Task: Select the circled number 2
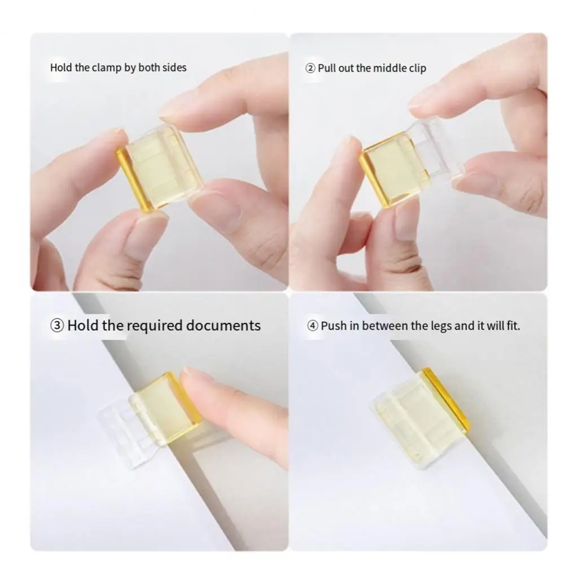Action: click(310, 68)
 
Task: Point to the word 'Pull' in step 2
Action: click(327, 68)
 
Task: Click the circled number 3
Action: click(57, 326)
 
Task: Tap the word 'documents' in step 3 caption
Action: click(224, 325)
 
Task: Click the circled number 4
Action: click(312, 326)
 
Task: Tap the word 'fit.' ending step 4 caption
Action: click(514, 326)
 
